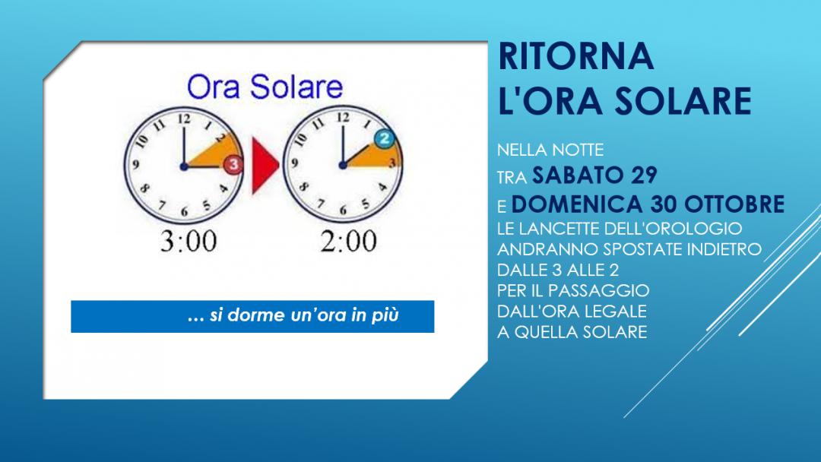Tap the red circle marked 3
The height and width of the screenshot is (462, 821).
(x=233, y=165)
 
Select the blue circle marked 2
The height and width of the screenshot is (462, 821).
(x=385, y=138)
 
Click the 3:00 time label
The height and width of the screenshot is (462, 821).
(x=189, y=242)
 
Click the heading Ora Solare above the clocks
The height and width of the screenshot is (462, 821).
(x=265, y=87)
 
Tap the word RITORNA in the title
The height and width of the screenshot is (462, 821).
(x=576, y=56)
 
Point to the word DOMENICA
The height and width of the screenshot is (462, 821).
(x=578, y=204)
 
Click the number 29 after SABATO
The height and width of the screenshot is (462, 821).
(x=644, y=176)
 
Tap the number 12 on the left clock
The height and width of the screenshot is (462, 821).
(x=184, y=119)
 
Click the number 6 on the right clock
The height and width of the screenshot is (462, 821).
(x=343, y=210)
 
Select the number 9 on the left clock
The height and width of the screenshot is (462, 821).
(x=135, y=165)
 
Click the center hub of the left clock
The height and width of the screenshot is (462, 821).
(x=184, y=166)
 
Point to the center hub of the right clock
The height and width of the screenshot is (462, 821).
(x=343, y=166)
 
